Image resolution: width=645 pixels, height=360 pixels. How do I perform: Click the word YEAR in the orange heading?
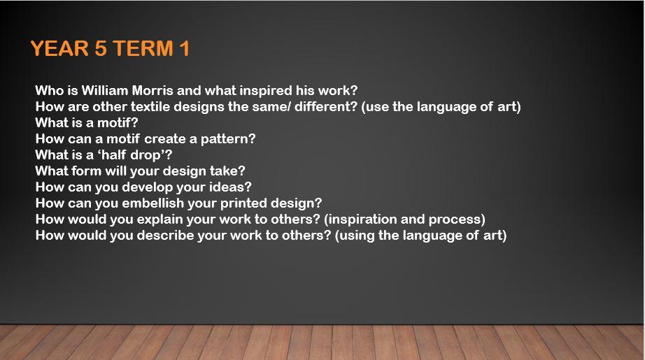[60, 48]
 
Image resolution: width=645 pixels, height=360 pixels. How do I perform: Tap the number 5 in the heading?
[101, 48]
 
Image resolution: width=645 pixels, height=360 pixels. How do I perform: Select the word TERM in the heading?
[143, 48]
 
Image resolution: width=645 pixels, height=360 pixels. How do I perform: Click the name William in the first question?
[105, 90]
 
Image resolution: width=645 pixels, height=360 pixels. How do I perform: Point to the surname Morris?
[153, 90]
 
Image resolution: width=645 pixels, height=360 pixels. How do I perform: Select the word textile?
[150, 106]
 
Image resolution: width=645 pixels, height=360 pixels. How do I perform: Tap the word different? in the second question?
[326, 106]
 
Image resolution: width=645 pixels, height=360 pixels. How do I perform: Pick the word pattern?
[228, 139]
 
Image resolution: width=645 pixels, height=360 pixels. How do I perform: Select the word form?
[87, 171]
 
